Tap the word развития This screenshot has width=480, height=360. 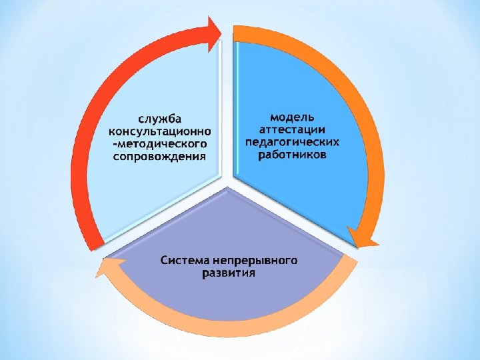pyautogui.click(x=228, y=273)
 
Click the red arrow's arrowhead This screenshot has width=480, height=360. pyautogui.click(x=217, y=30)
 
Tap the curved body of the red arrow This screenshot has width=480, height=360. pyautogui.click(x=90, y=133)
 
